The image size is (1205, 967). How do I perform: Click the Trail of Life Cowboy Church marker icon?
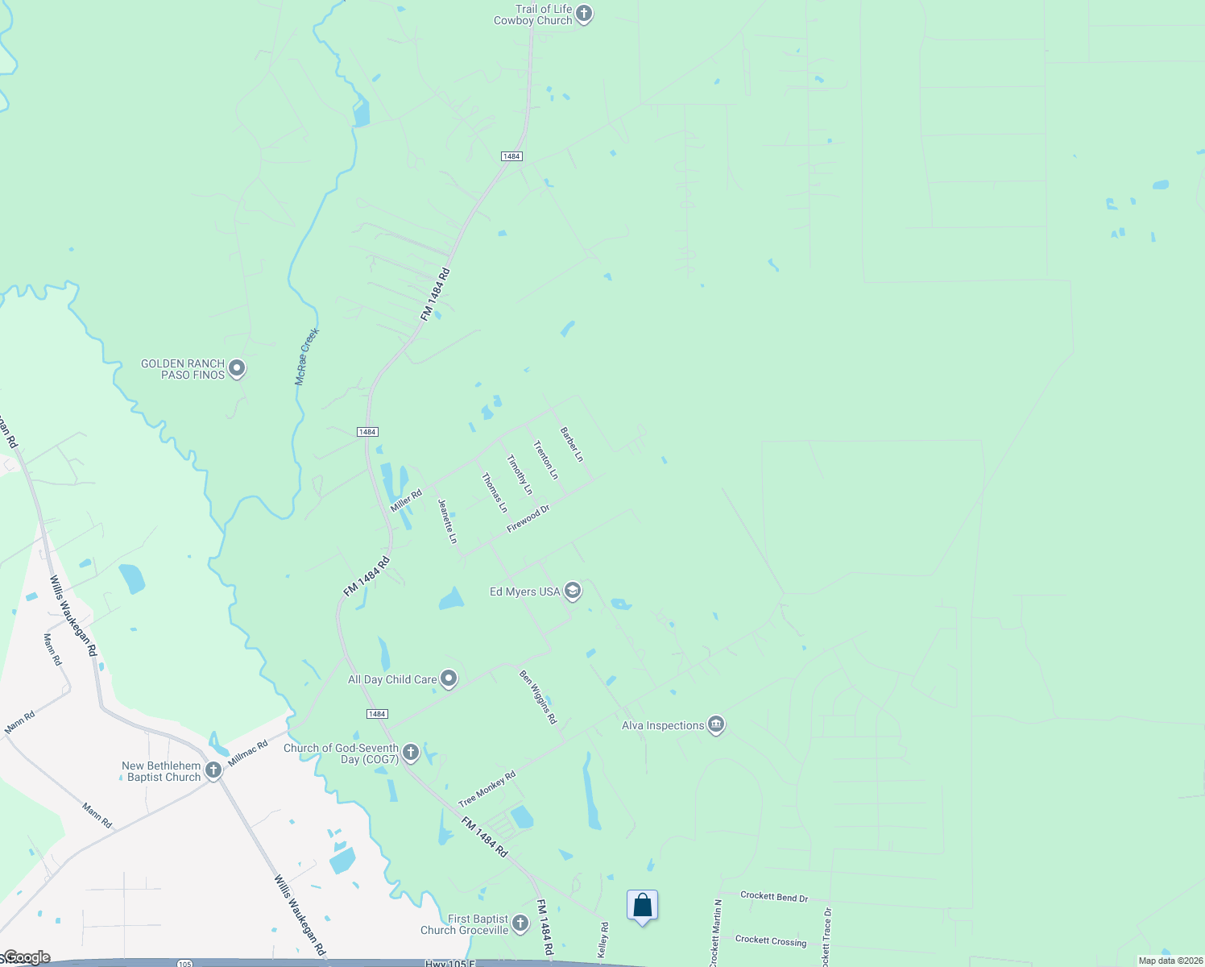pos(584,14)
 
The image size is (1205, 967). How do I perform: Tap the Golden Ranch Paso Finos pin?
pos(237,368)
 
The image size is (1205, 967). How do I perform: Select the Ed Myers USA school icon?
pos(572,591)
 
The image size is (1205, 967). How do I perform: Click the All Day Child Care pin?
pos(449,679)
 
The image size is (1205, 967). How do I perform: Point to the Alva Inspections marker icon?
pos(716,725)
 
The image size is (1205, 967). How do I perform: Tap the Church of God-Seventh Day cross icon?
pos(411,753)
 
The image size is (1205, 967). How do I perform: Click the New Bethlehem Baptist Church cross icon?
pos(213,770)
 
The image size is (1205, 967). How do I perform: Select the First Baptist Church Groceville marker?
pos(520,923)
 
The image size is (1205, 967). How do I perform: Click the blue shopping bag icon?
pos(642,906)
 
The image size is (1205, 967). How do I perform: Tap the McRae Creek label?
pos(307,356)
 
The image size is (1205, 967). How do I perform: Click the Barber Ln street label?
pos(572,444)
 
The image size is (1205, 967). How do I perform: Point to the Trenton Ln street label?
pos(545,460)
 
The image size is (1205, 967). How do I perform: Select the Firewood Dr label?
pos(528,518)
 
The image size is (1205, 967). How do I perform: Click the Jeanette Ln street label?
pos(448,521)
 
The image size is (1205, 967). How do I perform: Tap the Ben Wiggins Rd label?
pos(538,697)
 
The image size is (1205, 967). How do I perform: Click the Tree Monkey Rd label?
pos(487,790)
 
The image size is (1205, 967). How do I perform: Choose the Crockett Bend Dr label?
pos(774,897)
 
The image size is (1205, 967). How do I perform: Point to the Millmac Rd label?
pos(247,753)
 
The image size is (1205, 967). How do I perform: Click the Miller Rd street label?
pos(406,501)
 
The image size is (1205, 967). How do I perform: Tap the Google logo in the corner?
pos(26,957)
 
